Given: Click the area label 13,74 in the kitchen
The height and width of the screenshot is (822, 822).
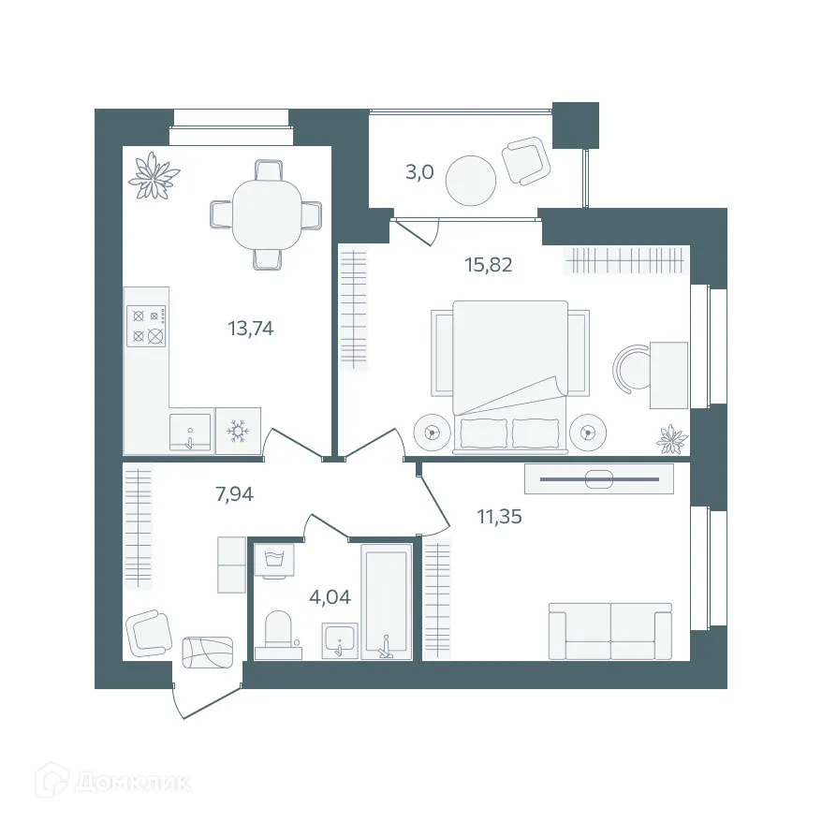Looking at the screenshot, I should tap(250, 329).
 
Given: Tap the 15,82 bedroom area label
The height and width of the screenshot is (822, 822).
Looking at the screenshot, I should tap(489, 264).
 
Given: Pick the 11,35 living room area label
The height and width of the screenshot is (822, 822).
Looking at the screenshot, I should tap(477, 516).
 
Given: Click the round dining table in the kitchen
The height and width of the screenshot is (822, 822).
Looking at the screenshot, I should tap(266, 213).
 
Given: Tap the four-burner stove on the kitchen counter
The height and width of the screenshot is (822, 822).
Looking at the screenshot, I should tap(148, 326).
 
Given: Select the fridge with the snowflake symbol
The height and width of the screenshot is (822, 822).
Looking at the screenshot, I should tap(240, 432).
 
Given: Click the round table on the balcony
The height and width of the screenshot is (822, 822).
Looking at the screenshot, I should tap(470, 181).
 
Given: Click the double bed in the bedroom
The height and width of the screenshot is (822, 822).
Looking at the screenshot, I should tap(511, 374).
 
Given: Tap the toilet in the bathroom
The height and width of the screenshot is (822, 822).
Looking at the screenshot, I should tap(279, 632).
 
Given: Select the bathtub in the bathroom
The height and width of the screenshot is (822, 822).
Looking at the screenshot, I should tap(387, 604).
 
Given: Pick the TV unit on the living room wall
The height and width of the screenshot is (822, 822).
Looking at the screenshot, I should tap(599, 478).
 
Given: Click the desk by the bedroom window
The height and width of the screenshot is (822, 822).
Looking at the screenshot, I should tap(668, 374).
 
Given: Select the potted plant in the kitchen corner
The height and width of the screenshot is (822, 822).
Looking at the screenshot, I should tap(154, 176).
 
